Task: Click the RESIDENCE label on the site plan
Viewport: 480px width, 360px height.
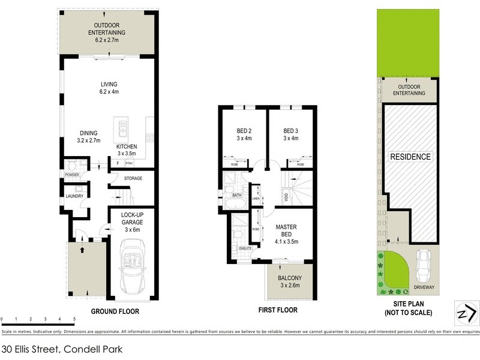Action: (411, 157)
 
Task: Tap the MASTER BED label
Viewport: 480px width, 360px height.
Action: (287, 231)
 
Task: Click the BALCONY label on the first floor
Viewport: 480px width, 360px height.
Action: (290, 282)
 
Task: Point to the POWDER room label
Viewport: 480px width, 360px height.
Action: (73, 175)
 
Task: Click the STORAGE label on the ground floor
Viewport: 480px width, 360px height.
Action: (133, 178)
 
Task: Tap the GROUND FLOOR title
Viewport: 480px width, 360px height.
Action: (115, 311)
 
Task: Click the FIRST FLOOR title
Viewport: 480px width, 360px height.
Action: (277, 311)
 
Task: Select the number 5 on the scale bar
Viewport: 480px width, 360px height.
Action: (74, 319)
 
